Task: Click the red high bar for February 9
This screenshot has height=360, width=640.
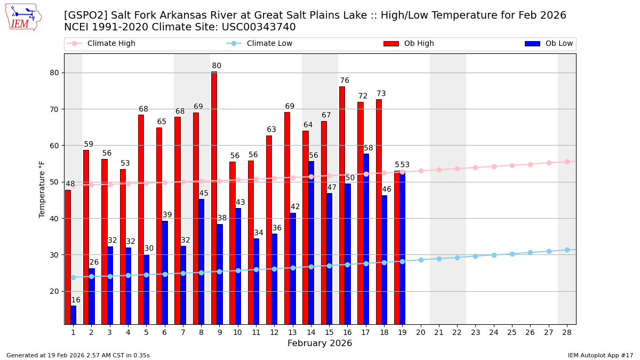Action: click(214, 198)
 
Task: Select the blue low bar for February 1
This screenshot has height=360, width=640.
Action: click(73, 315)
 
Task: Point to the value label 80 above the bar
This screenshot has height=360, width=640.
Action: click(217, 66)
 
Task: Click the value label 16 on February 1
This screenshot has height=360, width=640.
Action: click(76, 300)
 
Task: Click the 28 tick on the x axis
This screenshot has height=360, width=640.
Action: click(567, 332)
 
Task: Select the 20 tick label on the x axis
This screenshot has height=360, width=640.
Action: click(421, 332)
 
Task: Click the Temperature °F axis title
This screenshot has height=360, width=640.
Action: click(42, 189)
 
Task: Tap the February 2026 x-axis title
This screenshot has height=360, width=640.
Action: click(319, 343)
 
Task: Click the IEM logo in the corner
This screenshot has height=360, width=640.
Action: click(23, 17)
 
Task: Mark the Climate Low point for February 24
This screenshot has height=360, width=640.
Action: click(494, 255)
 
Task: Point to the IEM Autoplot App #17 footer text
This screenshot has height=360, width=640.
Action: click(600, 355)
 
